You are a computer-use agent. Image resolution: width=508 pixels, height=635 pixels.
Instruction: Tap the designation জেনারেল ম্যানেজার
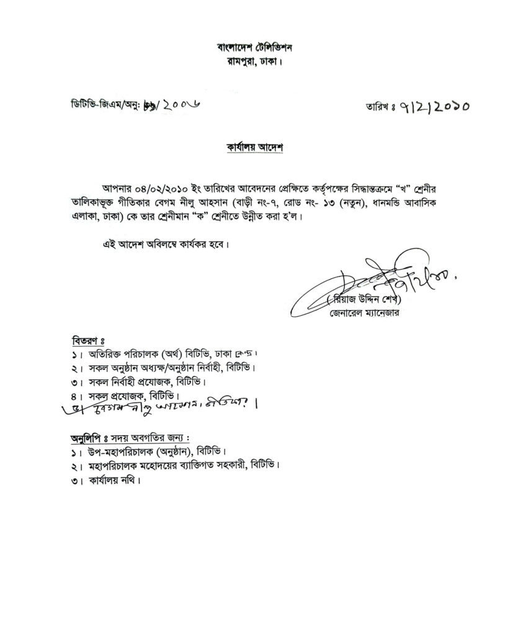[x=365, y=314]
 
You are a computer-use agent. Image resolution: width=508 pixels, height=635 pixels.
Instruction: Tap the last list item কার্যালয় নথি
[x=112, y=479]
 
